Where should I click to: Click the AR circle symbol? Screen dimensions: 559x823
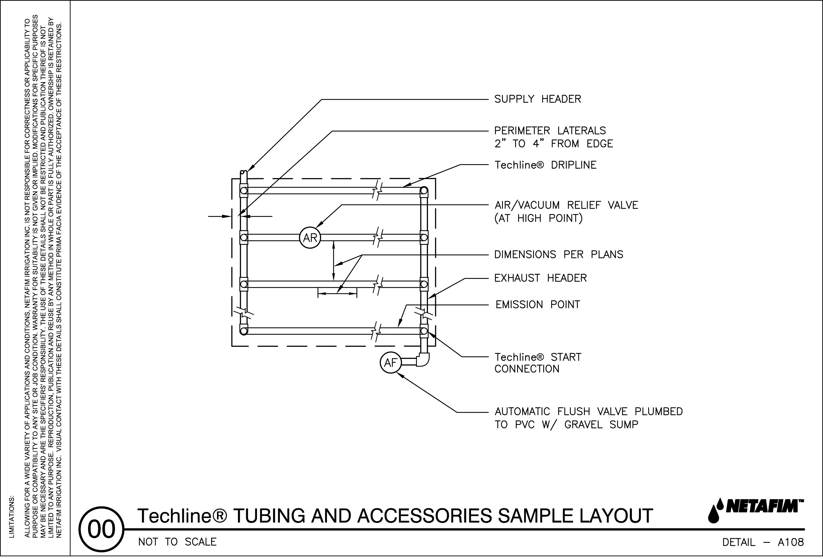pyautogui.click(x=310, y=238)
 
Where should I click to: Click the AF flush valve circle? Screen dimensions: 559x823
pyautogui.click(x=390, y=363)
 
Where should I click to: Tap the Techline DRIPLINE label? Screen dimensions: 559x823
pyautogui.click(x=545, y=165)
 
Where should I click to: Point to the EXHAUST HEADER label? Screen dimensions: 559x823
pyautogui.click(x=541, y=278)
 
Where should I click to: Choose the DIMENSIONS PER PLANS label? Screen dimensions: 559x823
pyautogui.click(x=558, y=255)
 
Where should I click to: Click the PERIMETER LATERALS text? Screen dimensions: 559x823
pyautogui.click(x=550, y=131)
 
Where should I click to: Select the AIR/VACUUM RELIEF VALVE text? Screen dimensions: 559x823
pyautogui.click(x=566, y=206)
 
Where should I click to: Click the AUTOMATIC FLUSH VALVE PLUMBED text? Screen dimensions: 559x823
pyautogui.click(x=588, y=412)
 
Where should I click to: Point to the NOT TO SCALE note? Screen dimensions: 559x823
pyautogui.click(x=177, y=542)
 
